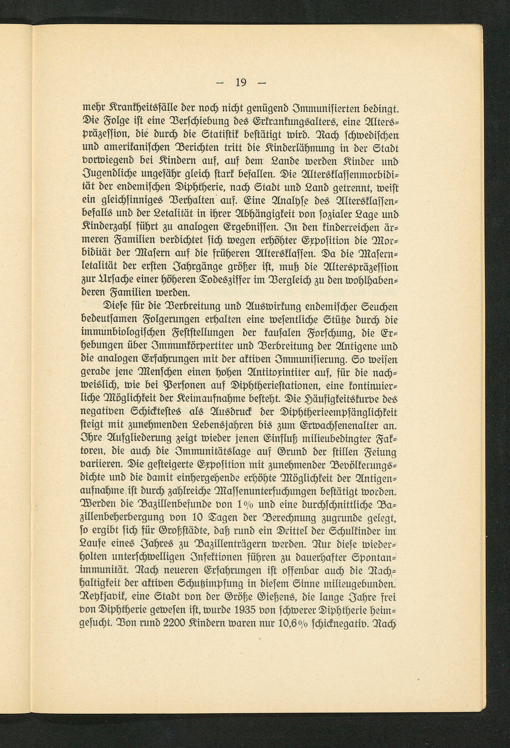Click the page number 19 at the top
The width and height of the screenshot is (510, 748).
(241, 83)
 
